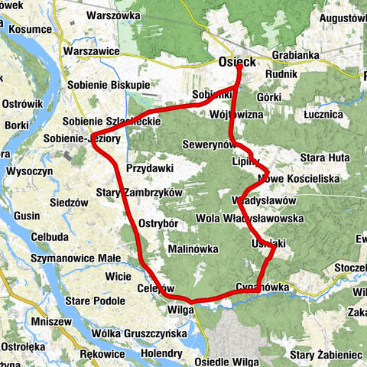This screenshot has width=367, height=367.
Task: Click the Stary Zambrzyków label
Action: pyautogui.click(x=140, y=193)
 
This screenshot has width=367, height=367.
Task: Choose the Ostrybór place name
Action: pyautogui.click(x=159, y=223)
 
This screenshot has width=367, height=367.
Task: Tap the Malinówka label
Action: pyautogui.click(x=193, y=249)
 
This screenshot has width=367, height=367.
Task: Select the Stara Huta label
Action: pyautogui.click(x=324, y=157)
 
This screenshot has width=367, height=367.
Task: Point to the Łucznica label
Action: pyautogui.click(x=325, y=114)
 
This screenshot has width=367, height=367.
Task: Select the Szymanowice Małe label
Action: pyautogui.click(x=73, y=260)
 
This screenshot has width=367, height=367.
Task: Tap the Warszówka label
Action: pyautogui.click(x=115, y=15)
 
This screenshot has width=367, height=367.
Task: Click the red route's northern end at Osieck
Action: pyautogui.click(x=239, y=67)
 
